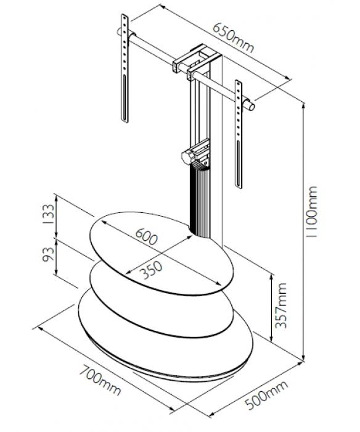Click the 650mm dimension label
233,38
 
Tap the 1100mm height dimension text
311,212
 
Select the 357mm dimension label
281,305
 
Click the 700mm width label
100,380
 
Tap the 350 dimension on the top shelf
151,270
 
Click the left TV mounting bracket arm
125,69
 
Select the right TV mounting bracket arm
239,134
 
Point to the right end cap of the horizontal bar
250,106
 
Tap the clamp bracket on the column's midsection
196,154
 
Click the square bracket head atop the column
197,62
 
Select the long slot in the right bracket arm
238,164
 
